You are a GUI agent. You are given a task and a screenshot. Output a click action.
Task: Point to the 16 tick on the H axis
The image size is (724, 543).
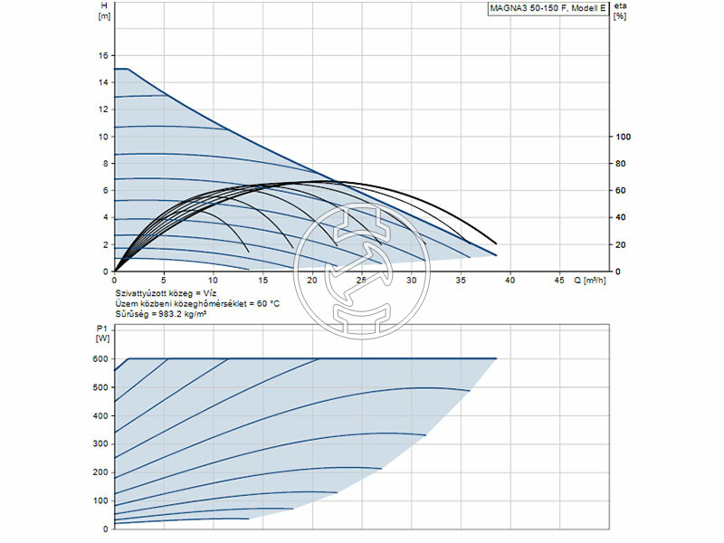coord(103,55)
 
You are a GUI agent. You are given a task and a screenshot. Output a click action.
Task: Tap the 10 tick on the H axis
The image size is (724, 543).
coord(103,137)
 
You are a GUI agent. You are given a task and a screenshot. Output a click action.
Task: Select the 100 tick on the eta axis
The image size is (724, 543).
coord(623,137)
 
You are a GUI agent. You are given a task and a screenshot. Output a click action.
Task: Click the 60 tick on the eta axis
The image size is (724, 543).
coord(621,190)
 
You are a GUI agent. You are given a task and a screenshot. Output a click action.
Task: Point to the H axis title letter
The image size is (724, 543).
coord(103,5)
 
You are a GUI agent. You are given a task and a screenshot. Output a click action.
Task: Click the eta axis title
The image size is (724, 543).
coord(620,6)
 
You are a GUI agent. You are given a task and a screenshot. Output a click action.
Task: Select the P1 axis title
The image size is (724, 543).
coord(101,329)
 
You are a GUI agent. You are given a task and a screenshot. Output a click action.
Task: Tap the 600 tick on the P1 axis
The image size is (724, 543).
coord(100,359)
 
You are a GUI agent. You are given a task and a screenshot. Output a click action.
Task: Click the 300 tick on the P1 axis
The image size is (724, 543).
coord(100,443)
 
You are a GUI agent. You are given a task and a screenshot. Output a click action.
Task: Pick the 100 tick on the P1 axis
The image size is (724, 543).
coord(100,500)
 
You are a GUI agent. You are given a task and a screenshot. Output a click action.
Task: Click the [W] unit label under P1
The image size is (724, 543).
coord(101,338)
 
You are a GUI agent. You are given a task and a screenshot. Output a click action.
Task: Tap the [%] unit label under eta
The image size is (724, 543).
coord(620,16)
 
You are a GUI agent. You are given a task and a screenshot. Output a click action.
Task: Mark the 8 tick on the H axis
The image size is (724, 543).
coord(105,164)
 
